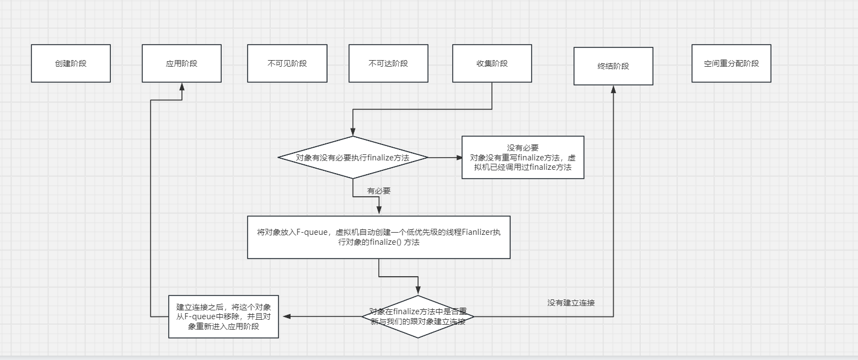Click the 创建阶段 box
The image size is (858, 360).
pos(71,63)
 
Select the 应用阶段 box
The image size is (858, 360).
pos(181,63)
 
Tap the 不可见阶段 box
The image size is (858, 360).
pos(287,63)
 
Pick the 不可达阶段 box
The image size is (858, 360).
pos(388,63)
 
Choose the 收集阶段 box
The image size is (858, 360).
pos(492,63)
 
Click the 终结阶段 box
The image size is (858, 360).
pos(613,66)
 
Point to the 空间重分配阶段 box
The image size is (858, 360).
pos(731,63)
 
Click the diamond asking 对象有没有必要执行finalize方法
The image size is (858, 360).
pos(353,158)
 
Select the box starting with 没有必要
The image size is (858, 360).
pos(523,158)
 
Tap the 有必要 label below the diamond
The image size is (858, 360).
pos(379,191)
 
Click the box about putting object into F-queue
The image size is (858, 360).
pos(379,237)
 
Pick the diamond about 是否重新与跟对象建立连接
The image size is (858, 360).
pos(417,316)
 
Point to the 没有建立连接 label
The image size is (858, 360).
pos(571,303)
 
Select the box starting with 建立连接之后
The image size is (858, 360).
pos(223,316)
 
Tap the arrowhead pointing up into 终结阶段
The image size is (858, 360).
pos(613,89)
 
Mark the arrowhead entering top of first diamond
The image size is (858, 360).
pos(353,132)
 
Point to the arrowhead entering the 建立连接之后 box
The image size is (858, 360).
pos(286,316)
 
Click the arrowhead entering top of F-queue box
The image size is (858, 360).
pos(379,212)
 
